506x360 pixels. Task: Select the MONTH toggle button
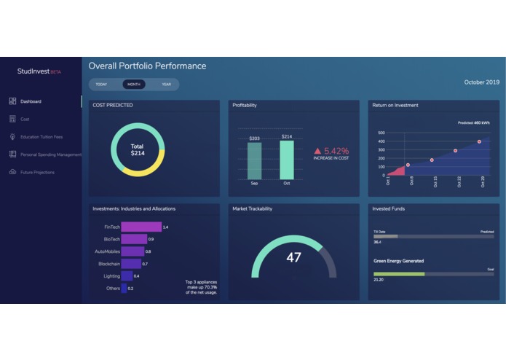(x=134, y=85)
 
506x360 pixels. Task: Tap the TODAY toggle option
(x=101, y=85)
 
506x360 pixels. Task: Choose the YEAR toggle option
(x=166, y=85)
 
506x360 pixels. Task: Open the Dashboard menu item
(x=31, y=101)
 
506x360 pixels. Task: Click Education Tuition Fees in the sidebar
(x=41, y=137)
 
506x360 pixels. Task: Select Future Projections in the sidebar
(x=37, y=172)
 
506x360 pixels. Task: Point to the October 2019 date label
(x=481, y=82)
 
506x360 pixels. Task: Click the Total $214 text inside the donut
(x=138, y=150)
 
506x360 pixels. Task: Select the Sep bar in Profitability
(x=254, y=160)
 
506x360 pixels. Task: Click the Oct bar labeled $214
(x=287, y=160)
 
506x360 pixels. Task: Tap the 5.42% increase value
(x=336, y=150)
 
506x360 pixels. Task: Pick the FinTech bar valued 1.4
(x=141, y=227)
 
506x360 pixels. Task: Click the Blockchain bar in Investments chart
(x=131, y=264)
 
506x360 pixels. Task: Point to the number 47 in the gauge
(x=293, y=257)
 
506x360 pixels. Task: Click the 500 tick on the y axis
(x=381, y=133)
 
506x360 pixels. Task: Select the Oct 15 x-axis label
(x=435, y=182)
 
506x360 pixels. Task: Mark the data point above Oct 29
(x=479, y=141)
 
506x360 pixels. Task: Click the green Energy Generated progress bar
(x=399, y=274)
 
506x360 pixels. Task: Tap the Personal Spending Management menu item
(x=50, y=154)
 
